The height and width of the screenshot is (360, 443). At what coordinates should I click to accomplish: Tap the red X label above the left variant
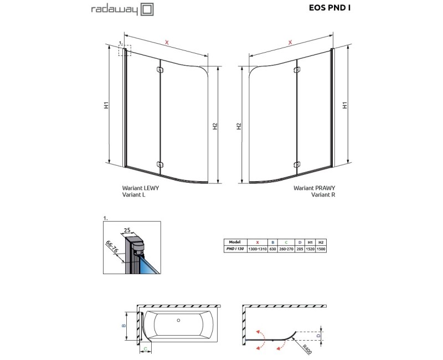coord(167,42)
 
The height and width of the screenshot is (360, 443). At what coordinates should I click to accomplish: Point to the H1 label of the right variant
coord(344,105)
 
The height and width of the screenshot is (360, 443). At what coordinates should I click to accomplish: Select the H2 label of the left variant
coord(215,127)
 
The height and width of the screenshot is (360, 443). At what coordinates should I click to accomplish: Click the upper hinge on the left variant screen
coord(160,70)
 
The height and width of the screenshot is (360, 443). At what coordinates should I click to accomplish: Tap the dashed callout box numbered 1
coord(125,50)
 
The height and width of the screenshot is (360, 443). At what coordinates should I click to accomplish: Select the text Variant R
coord(323,195)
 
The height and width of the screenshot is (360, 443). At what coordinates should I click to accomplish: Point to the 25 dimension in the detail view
coord(127,230)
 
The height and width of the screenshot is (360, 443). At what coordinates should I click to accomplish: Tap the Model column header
coord(233,243)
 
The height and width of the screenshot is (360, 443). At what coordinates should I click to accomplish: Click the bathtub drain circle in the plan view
coord(178,320)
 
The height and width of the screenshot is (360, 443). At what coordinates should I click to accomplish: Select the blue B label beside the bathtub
coord(125,326)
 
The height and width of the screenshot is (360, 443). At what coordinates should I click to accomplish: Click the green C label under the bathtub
coord(144,349)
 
